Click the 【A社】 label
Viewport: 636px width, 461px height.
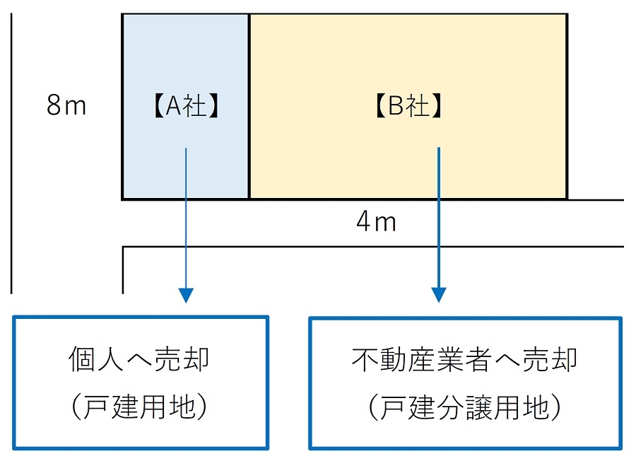[x=186, y=107]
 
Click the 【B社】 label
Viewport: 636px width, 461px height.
[x=408, y=107]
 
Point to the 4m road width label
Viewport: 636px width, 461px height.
[x=376, y=223]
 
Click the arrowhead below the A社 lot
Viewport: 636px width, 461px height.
[x=185, y=294]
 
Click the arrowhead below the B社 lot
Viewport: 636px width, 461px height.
[x=439, y=294]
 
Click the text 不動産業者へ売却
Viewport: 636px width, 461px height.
[x=464, y=360]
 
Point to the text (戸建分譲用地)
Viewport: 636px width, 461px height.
[x=465, y=407]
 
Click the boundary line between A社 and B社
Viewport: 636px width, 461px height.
[x=249, y=106]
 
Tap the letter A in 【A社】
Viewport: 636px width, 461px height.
[x=174, y=107]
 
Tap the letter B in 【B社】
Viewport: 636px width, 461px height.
[x=396, y=107]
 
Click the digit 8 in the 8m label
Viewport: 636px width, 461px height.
[x=54, y=106]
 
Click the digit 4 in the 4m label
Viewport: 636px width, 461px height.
[x=364, y=223]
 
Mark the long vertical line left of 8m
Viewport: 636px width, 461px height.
[x=11, y=152]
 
